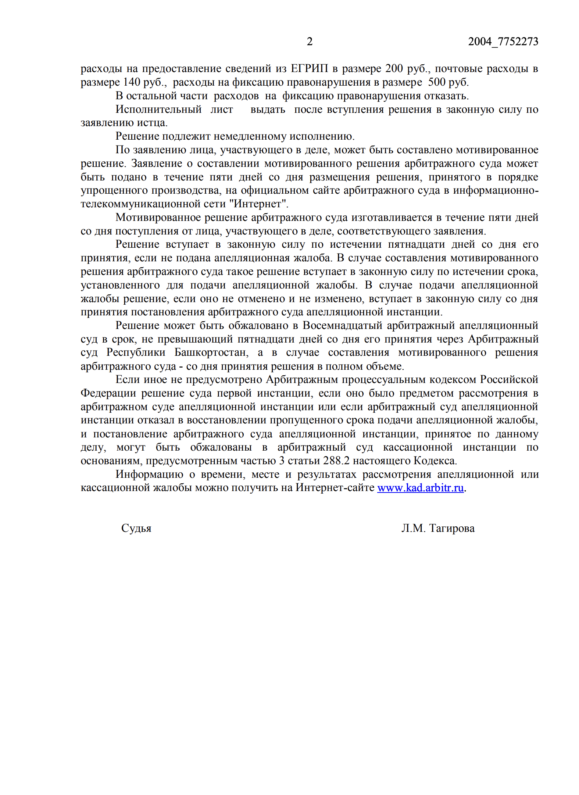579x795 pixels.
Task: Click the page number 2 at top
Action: [x=310, y=42]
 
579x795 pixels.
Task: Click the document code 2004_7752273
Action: [x=503, y=42]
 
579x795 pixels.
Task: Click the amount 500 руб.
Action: [x=448, y=82]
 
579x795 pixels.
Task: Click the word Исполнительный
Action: [x=158, y=110]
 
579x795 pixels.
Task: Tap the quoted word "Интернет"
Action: [x=261, y=204]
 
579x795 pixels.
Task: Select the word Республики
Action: [x=136, y=353]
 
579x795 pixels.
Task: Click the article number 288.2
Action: [x=336, y=461]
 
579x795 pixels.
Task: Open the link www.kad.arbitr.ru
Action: [x=420, y=488]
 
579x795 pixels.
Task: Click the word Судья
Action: [x=136, y=529]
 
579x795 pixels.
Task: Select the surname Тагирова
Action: [x=452, y=529]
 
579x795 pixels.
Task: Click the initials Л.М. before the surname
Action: [x=413, y=529]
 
